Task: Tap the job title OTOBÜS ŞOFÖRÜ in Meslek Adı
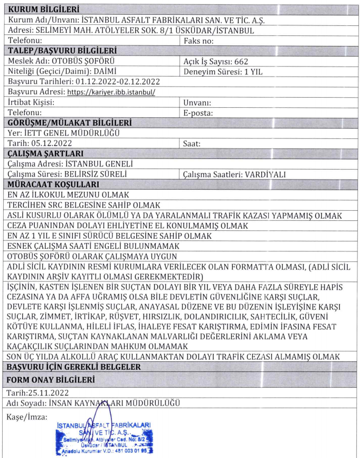click(x=85, y=61)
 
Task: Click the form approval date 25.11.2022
click(x=50, y=393)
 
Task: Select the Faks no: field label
click(x=198, y=40)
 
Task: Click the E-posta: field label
click(x=197, y=112)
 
